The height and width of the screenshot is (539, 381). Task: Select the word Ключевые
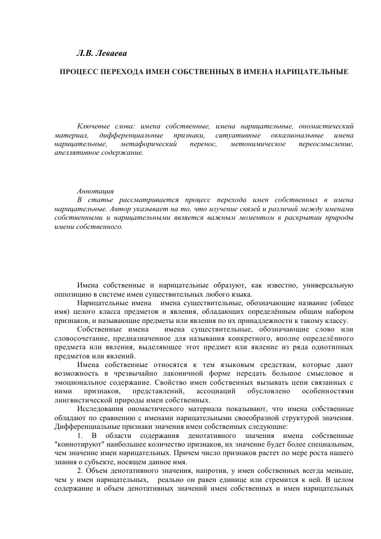click(x=92, y=125)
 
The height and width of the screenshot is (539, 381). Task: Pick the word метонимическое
click(x=255, y=143)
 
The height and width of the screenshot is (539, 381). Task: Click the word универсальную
click(x=328, y=285)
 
